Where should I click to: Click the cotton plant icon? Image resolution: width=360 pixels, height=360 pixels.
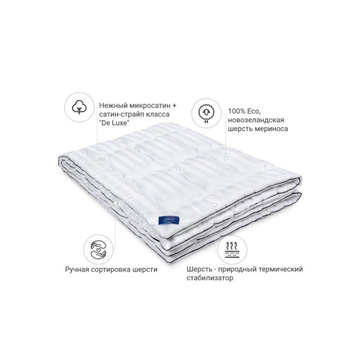(79, 107)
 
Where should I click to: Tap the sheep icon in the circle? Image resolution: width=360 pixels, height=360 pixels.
(206, 112)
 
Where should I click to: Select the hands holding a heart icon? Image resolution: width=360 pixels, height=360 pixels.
(99, 250)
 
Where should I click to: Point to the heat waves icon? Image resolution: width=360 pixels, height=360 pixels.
(232, 250)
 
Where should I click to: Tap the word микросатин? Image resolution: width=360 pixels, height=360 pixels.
(150, 106)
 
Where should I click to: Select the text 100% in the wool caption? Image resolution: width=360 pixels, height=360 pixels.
(237, 112)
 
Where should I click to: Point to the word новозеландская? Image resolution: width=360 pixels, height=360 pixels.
(256, 120)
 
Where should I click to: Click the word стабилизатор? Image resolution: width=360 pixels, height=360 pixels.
(210, 278)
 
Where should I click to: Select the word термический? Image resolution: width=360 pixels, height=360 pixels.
(281, 269)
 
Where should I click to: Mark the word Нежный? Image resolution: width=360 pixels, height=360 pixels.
(113, 106)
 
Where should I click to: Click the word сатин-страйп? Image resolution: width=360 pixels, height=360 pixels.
(121, 114)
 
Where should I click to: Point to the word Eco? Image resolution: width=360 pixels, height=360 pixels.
(254, 112)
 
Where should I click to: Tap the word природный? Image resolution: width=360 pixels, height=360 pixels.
(237, 269)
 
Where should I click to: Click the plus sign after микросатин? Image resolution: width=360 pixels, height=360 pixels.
(174, 106)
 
